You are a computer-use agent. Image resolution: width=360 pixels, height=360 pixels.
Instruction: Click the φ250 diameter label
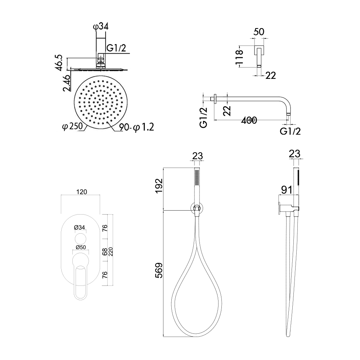click(x=73, y=126)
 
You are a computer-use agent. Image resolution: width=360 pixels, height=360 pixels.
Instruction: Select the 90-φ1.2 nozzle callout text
click(x=136, y=127)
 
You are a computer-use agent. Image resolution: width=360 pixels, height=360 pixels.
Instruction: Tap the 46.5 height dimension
click(x=59, y=62)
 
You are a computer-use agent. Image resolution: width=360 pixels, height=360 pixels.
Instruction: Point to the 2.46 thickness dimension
click(x=66, y=83)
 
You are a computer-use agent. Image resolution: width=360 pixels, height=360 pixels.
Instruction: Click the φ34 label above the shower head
click(x=101, y=27)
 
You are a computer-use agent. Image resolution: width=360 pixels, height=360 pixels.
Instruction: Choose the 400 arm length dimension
click(x=249, y=120)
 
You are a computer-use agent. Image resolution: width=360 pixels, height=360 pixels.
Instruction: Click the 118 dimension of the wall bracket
click(x=239, y=57)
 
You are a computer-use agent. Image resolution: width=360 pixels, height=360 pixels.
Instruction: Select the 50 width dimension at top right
click(x=258, y=32)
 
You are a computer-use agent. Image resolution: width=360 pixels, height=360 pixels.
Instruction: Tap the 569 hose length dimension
click(x=159, y=270)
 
